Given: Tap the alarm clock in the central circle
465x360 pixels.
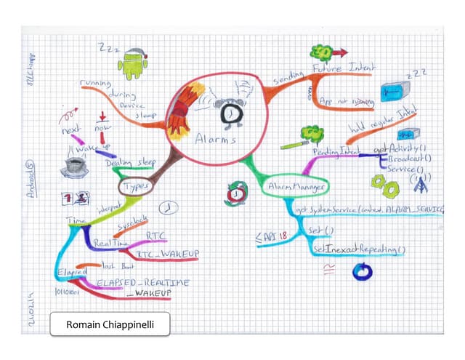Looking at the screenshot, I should [x=227, y=111].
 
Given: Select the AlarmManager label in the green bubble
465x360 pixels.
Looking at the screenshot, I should [x=295, y=188].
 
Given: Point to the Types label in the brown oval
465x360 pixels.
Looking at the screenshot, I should [x=134, y=187].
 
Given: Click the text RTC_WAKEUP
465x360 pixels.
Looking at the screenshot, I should [x=169, y=253].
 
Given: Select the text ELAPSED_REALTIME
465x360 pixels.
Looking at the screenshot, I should [x=138, y=281].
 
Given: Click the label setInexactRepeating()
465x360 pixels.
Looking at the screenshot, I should [x=359, y=249].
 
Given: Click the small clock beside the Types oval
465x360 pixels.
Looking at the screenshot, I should [x=168, y=207].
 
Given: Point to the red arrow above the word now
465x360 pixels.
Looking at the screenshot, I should [x=102, y=116].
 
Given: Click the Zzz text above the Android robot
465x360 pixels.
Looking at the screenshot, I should [x=109, y=49].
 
